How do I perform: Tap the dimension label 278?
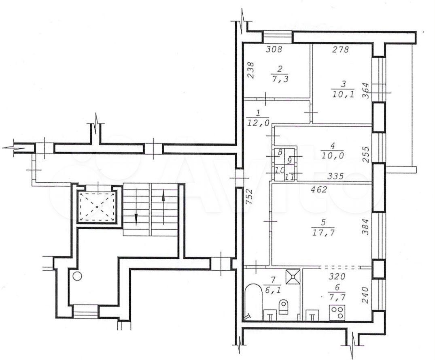340,50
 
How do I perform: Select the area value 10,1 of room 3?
343,95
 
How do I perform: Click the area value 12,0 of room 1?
258,123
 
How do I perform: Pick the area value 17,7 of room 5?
323,232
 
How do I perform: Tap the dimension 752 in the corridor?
249,196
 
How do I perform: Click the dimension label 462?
319,190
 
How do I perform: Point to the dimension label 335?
336,176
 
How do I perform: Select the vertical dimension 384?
366,227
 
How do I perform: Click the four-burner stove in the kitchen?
337,313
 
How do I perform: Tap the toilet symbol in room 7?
283,307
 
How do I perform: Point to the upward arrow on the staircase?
163,207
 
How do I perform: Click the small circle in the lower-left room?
77,276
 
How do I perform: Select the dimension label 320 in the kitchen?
337,277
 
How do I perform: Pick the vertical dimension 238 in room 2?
250,70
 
